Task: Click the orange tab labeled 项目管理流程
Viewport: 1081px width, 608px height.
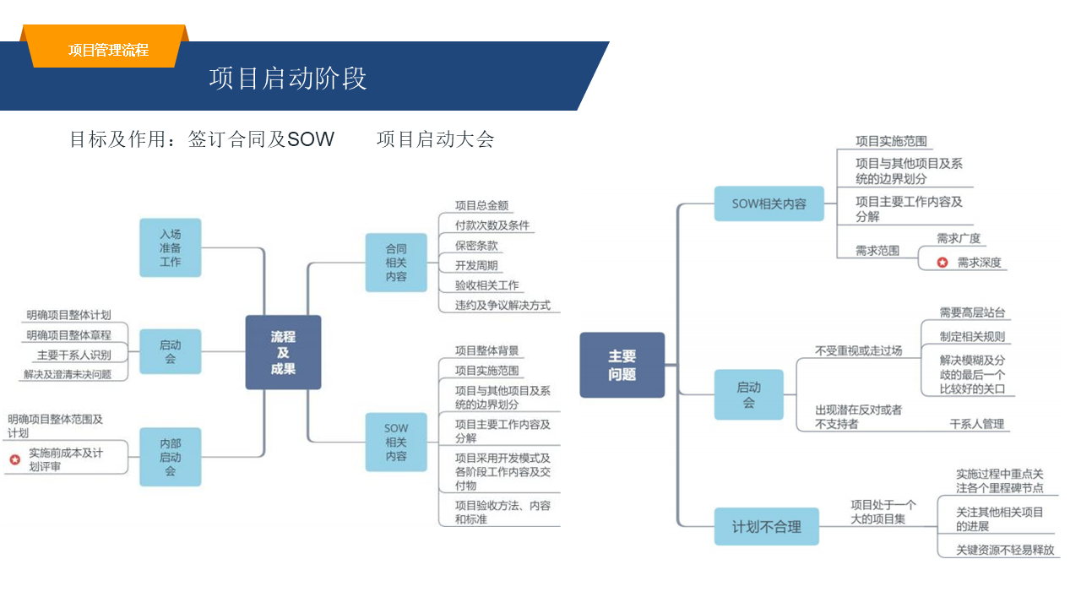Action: (108, 50)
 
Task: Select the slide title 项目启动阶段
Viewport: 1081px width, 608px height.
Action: (288, 79)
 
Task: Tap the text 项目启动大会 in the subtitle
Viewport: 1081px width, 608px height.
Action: (435, 139)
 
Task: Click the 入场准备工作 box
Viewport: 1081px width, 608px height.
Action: (171, 247)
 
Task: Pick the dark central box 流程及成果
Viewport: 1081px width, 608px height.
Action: (283, 352)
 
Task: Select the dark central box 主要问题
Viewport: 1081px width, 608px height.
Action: (622, 365)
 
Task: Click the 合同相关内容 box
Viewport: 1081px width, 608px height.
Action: (396, 263)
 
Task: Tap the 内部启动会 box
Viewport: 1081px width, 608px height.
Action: (171, 457)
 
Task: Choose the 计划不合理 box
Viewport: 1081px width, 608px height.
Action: (767, 527)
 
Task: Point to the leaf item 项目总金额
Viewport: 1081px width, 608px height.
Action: (481, 205)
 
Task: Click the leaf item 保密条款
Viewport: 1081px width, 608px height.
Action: (476, 246)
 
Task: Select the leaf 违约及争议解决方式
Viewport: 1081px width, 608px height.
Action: (502, 305)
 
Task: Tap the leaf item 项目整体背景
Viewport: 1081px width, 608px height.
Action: (486, 350)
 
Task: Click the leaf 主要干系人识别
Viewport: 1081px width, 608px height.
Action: (73, 355)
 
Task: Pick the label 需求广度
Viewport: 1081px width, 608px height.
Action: (959, 239)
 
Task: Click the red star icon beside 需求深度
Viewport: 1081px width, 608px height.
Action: (942, 263)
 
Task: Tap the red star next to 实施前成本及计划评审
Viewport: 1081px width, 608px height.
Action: (15, 459)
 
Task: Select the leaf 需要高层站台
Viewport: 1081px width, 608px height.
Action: (972, 312)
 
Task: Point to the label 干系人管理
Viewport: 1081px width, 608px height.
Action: (977, 424)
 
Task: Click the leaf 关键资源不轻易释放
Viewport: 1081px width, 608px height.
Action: (1005, 550)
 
